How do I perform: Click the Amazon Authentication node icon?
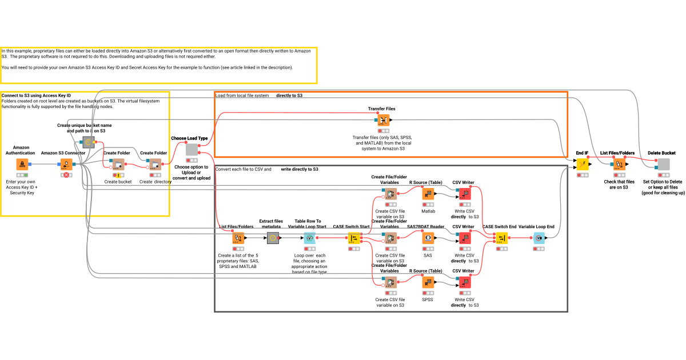click(22, 165)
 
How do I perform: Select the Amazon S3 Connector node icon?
click(66, 165)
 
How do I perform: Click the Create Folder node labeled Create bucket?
click(118, 165)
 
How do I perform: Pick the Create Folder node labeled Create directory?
click(155, 165)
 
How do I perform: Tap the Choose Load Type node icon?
click(192, 150)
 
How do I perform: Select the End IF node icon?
click(582, 165)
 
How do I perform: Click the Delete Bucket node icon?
click(663, 165)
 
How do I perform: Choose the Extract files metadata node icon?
click(272, 238)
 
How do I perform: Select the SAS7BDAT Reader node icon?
click(428, 238)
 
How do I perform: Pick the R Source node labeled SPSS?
click(428, 282)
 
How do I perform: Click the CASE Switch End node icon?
click(501, 238)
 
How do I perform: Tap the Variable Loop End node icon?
click(539, 238)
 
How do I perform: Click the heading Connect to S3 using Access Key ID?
click(36, 95)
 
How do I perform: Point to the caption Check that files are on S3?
click(619, 185)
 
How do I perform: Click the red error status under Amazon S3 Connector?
click(66, 175)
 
